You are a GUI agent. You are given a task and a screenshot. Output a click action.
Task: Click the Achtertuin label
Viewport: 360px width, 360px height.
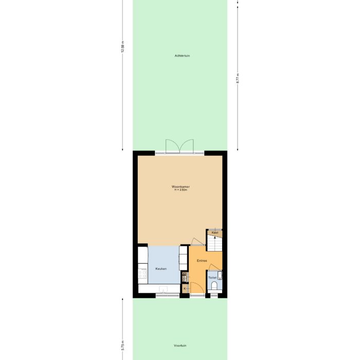click(183, 56)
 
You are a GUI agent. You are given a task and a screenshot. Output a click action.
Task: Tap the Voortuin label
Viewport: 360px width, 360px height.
click(180, 346)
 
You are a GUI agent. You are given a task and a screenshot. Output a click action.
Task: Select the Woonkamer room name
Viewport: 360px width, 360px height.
click(180, 187)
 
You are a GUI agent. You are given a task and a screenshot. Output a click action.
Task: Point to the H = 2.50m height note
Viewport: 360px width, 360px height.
click(180, 190)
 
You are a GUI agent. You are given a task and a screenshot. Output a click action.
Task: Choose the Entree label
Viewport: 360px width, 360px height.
click(202, 261)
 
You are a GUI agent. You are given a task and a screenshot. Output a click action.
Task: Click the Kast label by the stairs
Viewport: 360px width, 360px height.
click(215, 233)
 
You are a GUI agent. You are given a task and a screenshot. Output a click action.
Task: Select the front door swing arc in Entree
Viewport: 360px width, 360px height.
click(196, 288)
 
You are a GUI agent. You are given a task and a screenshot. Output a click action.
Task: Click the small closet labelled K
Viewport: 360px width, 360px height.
click(185, 289)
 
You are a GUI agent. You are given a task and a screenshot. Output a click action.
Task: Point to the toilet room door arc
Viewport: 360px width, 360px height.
click(215, 267)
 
